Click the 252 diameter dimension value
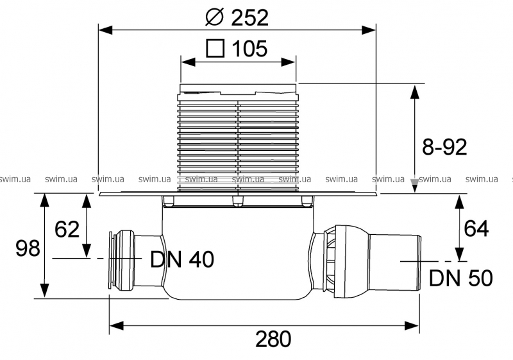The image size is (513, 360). click(247, 17)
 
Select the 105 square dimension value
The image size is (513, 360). click(246, 49)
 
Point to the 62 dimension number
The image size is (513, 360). click(67, 229)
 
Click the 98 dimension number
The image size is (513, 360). click(28, 248)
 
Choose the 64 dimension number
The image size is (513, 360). click(476, 228)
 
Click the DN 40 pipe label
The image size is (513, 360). click(181, 259)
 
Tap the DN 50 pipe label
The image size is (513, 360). click(460, 278)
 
